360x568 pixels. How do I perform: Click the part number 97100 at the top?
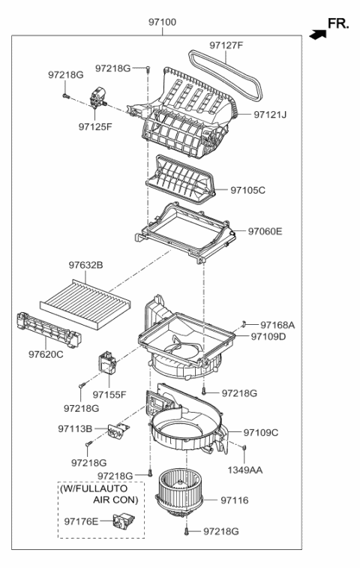click(162, 23)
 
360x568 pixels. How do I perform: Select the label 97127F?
click(226, 46)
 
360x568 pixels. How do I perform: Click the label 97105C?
click(247, 191)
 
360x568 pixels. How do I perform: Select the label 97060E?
click(265, 231)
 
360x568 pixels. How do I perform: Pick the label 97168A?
click(277, 325)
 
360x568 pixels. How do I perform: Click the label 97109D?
click(268, 336)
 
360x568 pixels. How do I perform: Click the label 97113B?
click(75, 428)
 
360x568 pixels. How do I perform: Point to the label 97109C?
click(260, 432)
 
